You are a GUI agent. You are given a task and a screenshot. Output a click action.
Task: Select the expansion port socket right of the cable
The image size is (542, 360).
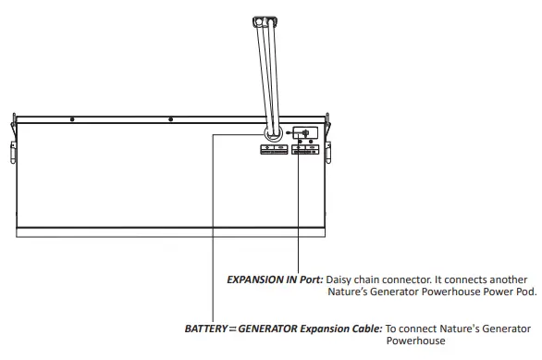(x=305, y=133)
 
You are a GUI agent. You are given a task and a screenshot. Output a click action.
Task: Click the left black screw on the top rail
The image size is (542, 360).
(x=74, y=118)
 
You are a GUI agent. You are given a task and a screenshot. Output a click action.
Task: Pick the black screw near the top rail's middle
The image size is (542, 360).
(x=170, y=118)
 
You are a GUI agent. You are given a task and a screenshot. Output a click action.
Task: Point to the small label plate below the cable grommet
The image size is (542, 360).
(x=274, y=150)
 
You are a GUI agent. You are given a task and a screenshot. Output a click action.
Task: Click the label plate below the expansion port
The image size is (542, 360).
(x=305, y=150)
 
